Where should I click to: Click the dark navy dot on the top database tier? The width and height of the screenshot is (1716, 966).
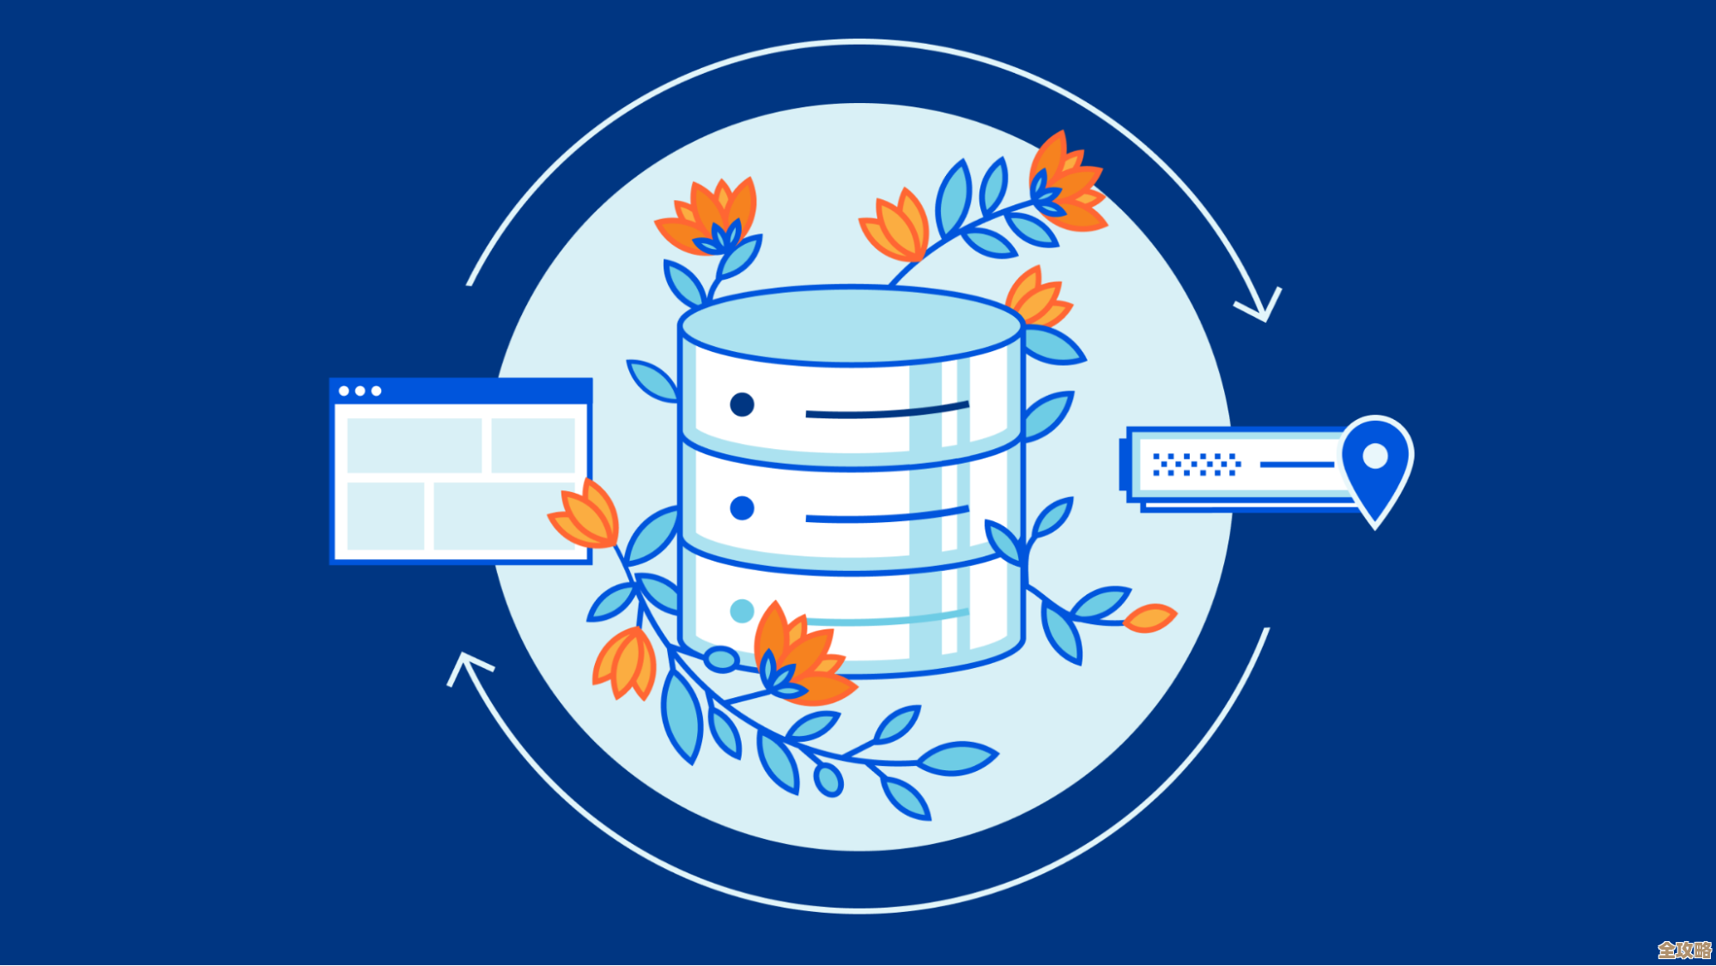tap(742, 404)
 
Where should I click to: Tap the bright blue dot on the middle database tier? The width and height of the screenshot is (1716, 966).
tap(742, 508)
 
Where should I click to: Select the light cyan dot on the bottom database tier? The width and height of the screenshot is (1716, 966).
tap(741, 611)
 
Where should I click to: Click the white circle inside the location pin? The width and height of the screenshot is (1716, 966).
tap(1375, 456)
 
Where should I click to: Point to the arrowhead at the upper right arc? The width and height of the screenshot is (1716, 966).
tap(1262, 305)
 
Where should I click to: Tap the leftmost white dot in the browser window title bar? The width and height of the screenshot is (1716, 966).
tap(344, 391)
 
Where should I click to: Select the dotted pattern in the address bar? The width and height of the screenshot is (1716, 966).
tap(1196, 465)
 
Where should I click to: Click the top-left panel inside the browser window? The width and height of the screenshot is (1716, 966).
tap(414, 445)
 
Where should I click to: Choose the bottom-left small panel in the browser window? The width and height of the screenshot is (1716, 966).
tap(385, 515)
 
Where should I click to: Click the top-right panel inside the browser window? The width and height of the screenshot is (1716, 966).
tap(533, 445)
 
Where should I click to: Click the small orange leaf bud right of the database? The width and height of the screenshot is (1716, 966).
tap(1149, 617)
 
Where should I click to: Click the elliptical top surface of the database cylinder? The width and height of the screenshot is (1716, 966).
tap(851, 325)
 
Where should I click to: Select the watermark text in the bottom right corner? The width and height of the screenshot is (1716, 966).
tap(1684, 950)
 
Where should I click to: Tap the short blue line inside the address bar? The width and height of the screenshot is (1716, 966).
tap(1296, 465)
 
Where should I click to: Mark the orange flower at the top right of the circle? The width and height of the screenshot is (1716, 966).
tap(1064, 185)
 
